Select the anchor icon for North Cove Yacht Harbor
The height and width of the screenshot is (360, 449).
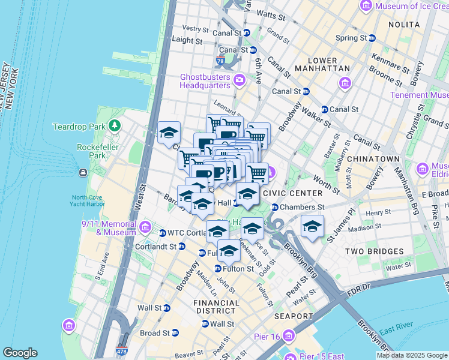tap(82, 173)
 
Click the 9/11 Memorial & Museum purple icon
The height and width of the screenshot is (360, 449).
tap(145, 227)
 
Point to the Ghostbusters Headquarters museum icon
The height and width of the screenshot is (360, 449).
tap(240, 80)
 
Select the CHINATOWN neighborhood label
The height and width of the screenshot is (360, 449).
tap(376, 158)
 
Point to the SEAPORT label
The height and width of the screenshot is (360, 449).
tap(294, 316)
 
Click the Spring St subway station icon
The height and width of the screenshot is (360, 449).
tap(372, 38)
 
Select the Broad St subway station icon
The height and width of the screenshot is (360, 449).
tap(175, 333)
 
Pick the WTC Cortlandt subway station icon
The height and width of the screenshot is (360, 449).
tap(162, 233)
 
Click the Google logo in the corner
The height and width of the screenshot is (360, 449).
tap(20, 353)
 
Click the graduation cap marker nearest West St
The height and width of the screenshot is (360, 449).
tap(169, 133)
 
